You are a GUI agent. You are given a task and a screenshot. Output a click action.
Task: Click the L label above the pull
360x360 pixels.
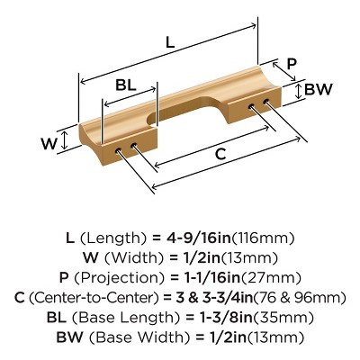tap(170, 41)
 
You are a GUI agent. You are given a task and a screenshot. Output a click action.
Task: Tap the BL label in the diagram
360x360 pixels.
tap(126, 85)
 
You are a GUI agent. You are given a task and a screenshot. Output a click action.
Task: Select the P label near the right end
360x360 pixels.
tap(292, 63)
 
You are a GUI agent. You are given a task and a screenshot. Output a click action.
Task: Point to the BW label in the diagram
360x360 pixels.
tap(319, 89)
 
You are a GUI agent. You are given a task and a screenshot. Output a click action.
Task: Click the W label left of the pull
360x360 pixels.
tap(49, 144)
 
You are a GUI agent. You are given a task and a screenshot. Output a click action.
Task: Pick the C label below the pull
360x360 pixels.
tap(220, 154)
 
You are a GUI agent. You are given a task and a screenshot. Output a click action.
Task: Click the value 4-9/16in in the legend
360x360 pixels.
tap(199, 238)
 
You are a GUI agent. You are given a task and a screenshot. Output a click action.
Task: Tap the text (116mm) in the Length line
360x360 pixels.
tap(263, 238)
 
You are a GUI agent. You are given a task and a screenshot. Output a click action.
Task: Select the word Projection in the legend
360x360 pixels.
tap(119, 278)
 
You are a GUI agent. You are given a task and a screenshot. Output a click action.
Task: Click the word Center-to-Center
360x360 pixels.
tap(94, 298)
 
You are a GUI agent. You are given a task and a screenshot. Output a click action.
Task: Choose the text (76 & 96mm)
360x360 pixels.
tap(300, 298)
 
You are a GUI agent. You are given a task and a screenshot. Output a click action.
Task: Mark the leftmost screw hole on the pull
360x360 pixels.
tap(119, 149)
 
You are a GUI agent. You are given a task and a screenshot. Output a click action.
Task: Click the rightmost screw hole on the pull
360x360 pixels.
tap(266, 101)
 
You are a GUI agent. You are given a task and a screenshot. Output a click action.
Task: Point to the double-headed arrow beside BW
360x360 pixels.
tap(298, 91)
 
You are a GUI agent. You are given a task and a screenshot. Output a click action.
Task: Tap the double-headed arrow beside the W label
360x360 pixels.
tap(65, 140)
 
